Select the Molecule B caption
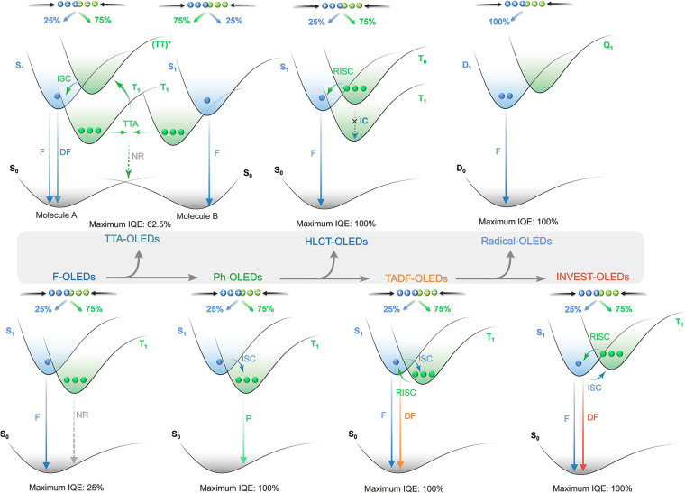point(211,216)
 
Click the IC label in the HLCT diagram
point(361,122)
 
